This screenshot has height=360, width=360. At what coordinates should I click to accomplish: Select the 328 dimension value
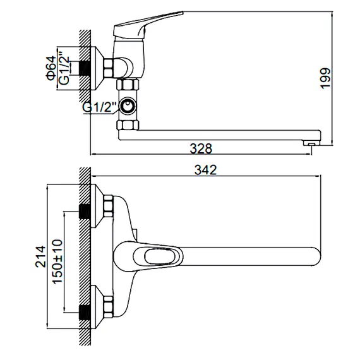(201, 148)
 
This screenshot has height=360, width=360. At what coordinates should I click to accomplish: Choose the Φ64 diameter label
(50, 66)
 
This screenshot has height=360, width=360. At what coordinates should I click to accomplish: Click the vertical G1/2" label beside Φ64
(64, 67)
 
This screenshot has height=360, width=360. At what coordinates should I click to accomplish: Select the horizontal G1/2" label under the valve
(100, 107)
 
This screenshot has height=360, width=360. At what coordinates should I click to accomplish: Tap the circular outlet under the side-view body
(129, 106)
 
